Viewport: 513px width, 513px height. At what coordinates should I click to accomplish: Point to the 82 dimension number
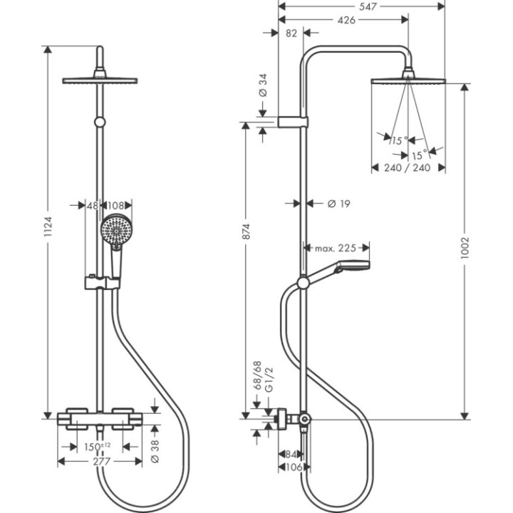pos(291,33)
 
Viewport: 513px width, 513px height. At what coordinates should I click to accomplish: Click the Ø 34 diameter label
pos(262,85)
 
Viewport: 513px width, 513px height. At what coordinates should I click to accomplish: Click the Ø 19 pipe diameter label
pos(338,204)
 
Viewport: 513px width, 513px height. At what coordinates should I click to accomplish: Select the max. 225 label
pos(335,248)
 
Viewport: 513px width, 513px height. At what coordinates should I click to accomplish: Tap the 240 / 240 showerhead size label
pos(408,168)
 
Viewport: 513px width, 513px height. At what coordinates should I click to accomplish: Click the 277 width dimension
pos(105,462)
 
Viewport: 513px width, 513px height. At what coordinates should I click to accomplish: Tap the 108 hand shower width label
pos(117,205)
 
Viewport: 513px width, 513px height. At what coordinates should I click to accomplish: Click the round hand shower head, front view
pos(116,232)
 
